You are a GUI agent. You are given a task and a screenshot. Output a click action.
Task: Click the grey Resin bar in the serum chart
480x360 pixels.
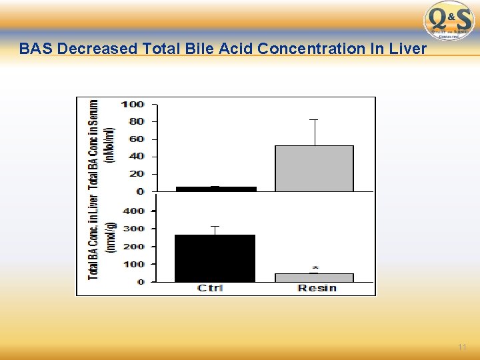tap(314, 168)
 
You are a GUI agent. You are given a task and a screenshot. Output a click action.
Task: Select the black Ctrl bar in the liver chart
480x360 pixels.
tap(215, 258)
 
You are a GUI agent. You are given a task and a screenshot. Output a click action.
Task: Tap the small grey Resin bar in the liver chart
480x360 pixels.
tap(314, 277)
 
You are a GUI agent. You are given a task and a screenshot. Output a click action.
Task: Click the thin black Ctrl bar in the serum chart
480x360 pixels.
tap(215, 189)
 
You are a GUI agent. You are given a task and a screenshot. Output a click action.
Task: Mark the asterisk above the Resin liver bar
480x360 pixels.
tap(314, 269)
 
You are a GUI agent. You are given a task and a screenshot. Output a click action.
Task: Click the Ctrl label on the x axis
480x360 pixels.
tap(210, 288)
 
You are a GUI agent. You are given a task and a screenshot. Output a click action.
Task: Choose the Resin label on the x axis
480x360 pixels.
tap(317, 288)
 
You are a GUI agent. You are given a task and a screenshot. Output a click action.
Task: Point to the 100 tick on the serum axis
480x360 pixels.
tap(133, 104)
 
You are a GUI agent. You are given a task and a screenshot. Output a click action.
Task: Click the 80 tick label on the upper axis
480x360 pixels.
tap(136, 121)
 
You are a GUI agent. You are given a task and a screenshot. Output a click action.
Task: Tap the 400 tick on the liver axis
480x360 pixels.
tap(133, 211)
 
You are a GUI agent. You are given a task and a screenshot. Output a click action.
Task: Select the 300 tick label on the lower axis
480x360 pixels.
tap(133, 229)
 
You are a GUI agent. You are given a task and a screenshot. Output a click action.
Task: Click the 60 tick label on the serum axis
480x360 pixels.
tap(136, 139)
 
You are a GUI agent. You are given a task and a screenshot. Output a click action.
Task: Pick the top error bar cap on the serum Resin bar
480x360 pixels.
tap(314, 120)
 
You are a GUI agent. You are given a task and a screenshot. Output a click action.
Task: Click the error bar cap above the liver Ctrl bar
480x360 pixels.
tap(215, 226)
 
